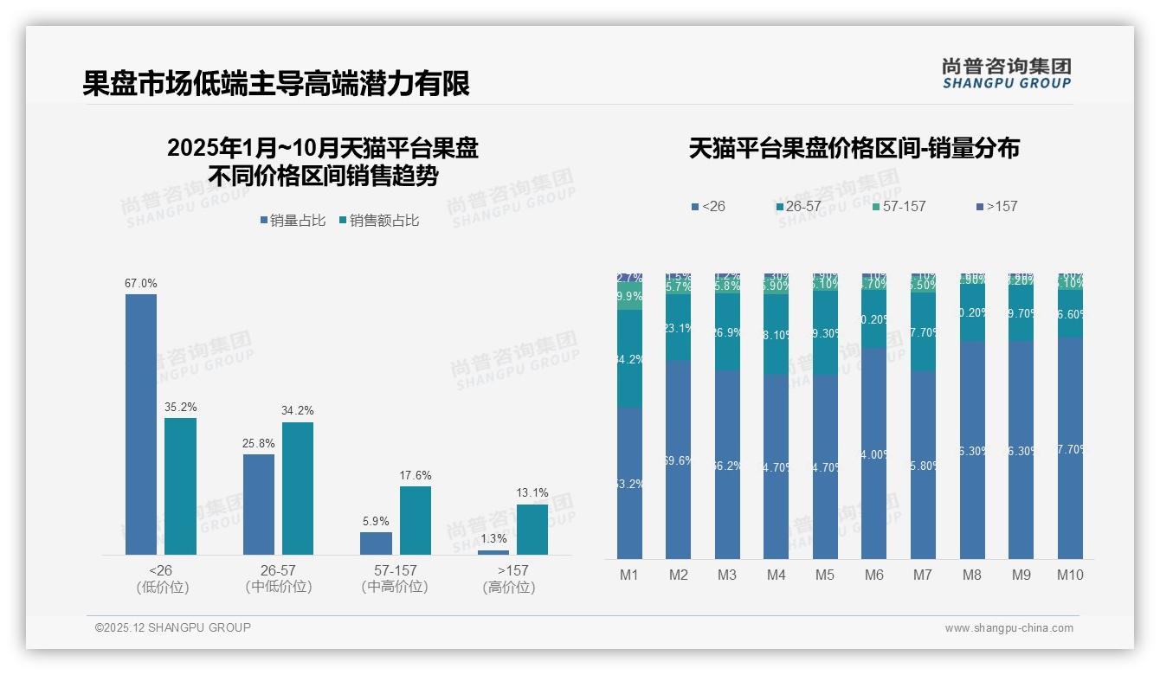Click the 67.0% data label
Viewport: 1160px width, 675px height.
tap(141, 283)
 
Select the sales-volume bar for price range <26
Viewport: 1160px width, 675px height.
tap(141, 424)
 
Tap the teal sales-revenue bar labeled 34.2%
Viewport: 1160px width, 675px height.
tap(298, 488)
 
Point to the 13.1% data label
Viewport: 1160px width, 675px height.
tap(532, 493)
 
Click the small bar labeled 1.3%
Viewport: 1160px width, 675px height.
tap(493, 552)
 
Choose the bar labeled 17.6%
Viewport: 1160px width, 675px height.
tap(416, 520)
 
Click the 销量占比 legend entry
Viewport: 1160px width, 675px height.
tap(293, 221)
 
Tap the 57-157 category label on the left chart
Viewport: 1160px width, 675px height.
tap(395, 571)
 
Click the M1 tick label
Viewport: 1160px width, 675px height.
tap(629, 575)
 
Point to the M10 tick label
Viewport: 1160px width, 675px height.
tap(1070, 575)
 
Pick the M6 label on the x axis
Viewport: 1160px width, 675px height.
tap(874, 575)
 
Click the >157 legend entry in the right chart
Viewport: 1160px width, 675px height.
tap(996, 207)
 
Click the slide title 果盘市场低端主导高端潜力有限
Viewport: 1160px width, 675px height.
tap(276, 84)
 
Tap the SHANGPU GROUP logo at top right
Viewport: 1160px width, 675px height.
tap(1006, 73)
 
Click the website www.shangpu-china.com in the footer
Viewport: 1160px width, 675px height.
tap(1009, 628)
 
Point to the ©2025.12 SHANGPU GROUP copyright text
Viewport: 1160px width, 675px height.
tap(173, 627)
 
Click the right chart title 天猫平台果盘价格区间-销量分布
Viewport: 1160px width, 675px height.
tap(854, 148)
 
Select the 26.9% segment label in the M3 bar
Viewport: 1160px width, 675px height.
tap(727, 332)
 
